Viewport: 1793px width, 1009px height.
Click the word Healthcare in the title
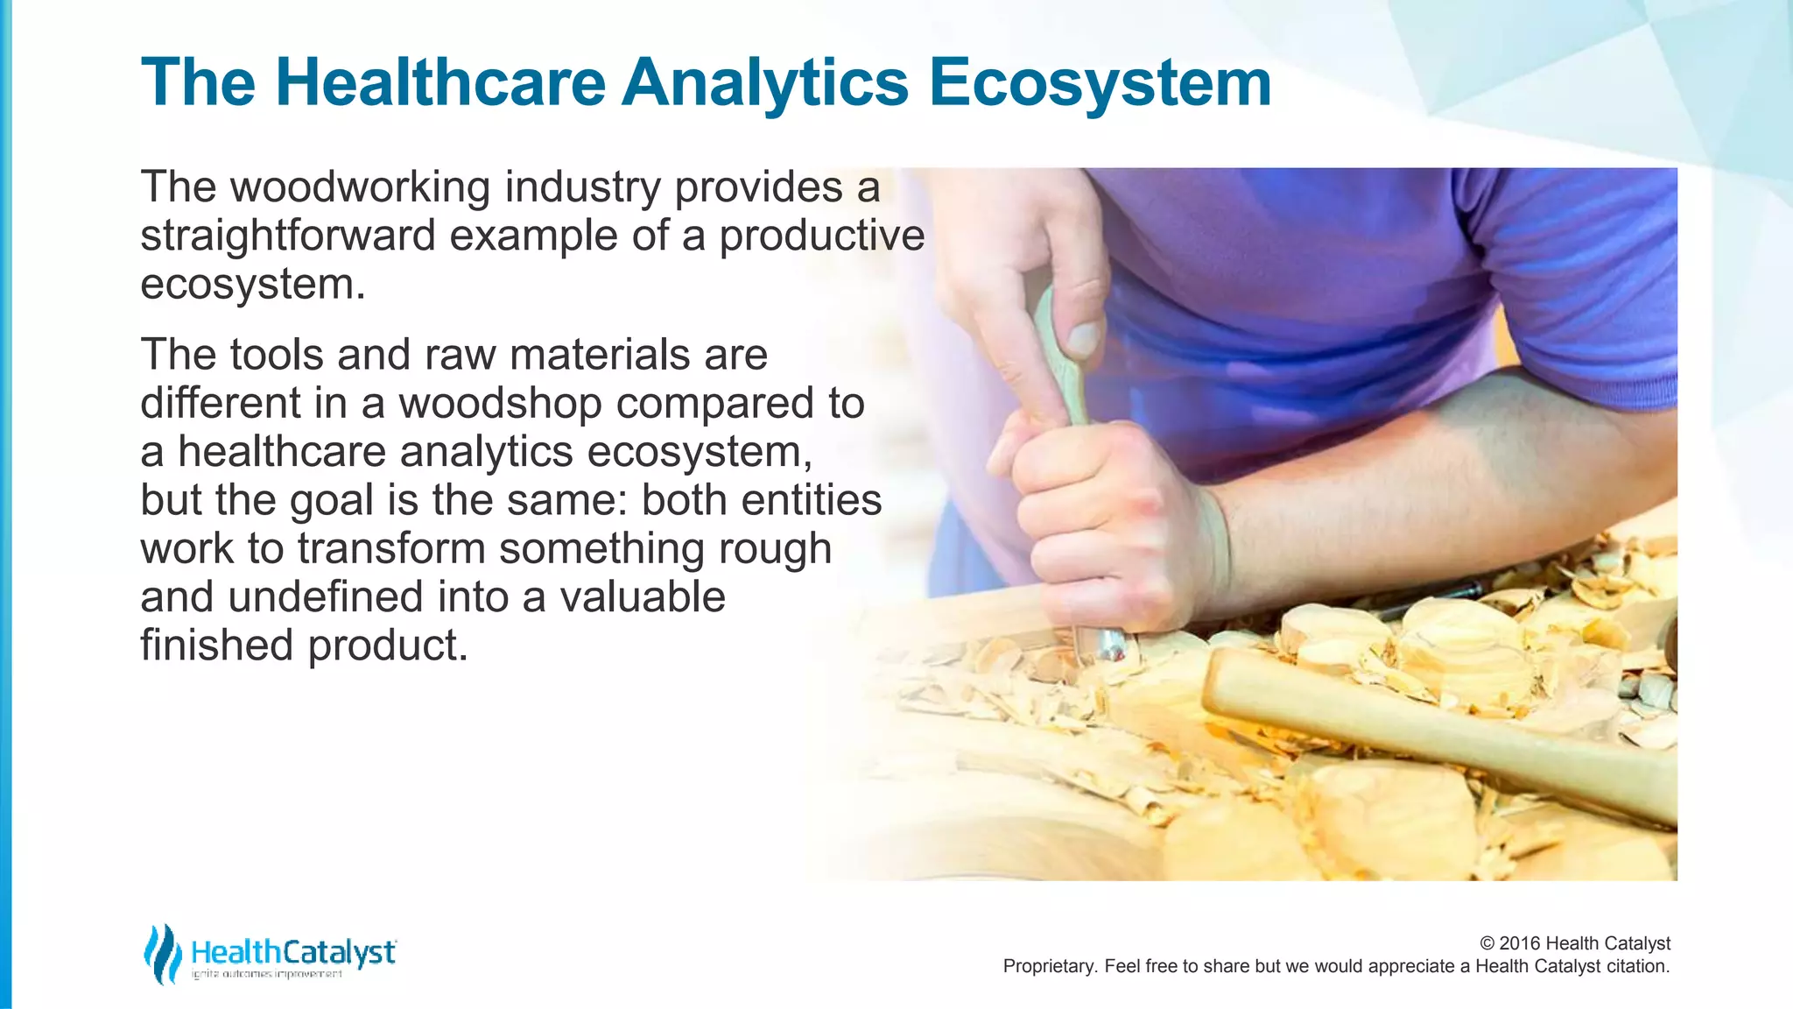click(439, 82)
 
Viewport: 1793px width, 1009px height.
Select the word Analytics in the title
click(765, 82)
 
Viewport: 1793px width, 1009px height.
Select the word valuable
click(642, 597)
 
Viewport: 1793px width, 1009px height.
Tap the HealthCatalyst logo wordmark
click(293, 952)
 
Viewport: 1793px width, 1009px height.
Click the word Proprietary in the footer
click(1048, 966)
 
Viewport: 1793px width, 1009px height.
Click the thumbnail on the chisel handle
click(1083, 337)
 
